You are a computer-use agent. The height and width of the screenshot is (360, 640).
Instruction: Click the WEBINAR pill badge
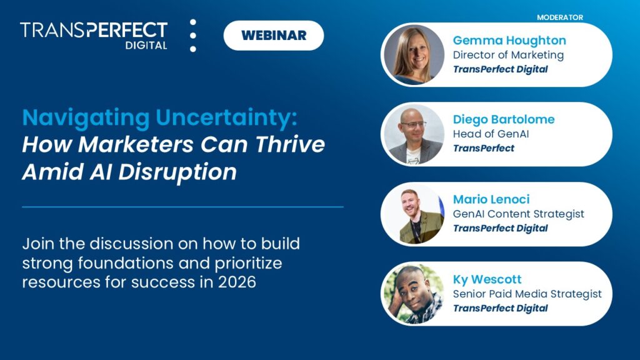274,35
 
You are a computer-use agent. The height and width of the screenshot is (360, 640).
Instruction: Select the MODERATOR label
559,17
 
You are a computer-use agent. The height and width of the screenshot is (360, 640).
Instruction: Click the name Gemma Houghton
509,41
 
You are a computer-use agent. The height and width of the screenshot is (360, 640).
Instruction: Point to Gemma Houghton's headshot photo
413,55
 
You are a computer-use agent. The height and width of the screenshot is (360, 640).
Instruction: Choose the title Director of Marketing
508,55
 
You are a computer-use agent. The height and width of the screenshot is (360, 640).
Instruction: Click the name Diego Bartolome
503,119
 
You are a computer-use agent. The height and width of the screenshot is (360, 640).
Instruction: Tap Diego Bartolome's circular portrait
413,134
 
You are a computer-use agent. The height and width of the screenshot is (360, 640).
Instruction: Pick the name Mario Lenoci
491,199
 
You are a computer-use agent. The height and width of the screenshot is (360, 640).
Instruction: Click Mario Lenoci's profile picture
413,214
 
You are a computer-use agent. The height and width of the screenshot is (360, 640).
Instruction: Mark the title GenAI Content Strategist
518,214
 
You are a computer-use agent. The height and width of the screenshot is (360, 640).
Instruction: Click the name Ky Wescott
487,279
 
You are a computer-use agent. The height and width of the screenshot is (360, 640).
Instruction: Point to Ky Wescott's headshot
413,294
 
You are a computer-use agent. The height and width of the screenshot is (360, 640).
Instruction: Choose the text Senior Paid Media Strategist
527,293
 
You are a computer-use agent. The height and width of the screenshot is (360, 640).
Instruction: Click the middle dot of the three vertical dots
192,36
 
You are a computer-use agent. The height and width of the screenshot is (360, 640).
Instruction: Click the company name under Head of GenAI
483,148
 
